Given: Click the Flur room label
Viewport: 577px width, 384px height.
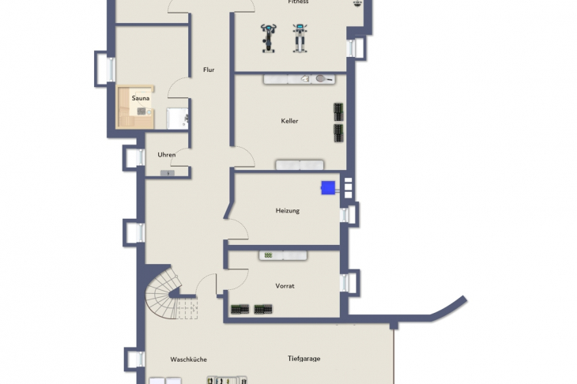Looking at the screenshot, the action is [209, 70].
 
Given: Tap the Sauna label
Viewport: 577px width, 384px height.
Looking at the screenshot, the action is [141, 98].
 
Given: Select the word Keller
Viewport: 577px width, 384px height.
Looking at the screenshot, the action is [289, 121].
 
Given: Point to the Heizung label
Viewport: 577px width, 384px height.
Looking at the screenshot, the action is [288, 211].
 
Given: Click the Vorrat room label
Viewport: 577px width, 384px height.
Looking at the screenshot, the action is [285, 286].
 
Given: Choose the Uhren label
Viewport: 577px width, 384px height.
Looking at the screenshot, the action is [166, 155].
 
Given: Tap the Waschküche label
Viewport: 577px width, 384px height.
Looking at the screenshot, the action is [188, 360].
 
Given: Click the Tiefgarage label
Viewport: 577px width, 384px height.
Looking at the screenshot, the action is [304, 359].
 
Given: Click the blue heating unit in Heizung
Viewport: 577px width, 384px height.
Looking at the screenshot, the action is [328, 187].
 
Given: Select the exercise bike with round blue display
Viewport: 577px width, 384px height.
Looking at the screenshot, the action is [269, 38].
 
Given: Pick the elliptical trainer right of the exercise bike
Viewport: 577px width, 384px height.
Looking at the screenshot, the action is [300, 38].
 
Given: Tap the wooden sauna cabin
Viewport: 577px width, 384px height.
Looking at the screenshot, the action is [135, 107].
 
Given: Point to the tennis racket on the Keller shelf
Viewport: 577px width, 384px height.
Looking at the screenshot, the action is [324, 78].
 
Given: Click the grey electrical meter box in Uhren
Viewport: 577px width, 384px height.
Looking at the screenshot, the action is [168, 173].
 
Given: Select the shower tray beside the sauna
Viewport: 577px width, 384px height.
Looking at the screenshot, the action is [177, 118].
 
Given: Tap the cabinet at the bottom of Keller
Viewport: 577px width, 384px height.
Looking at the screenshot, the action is [300, 165].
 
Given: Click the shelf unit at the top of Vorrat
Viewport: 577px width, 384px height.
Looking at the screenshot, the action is [283, 255].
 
